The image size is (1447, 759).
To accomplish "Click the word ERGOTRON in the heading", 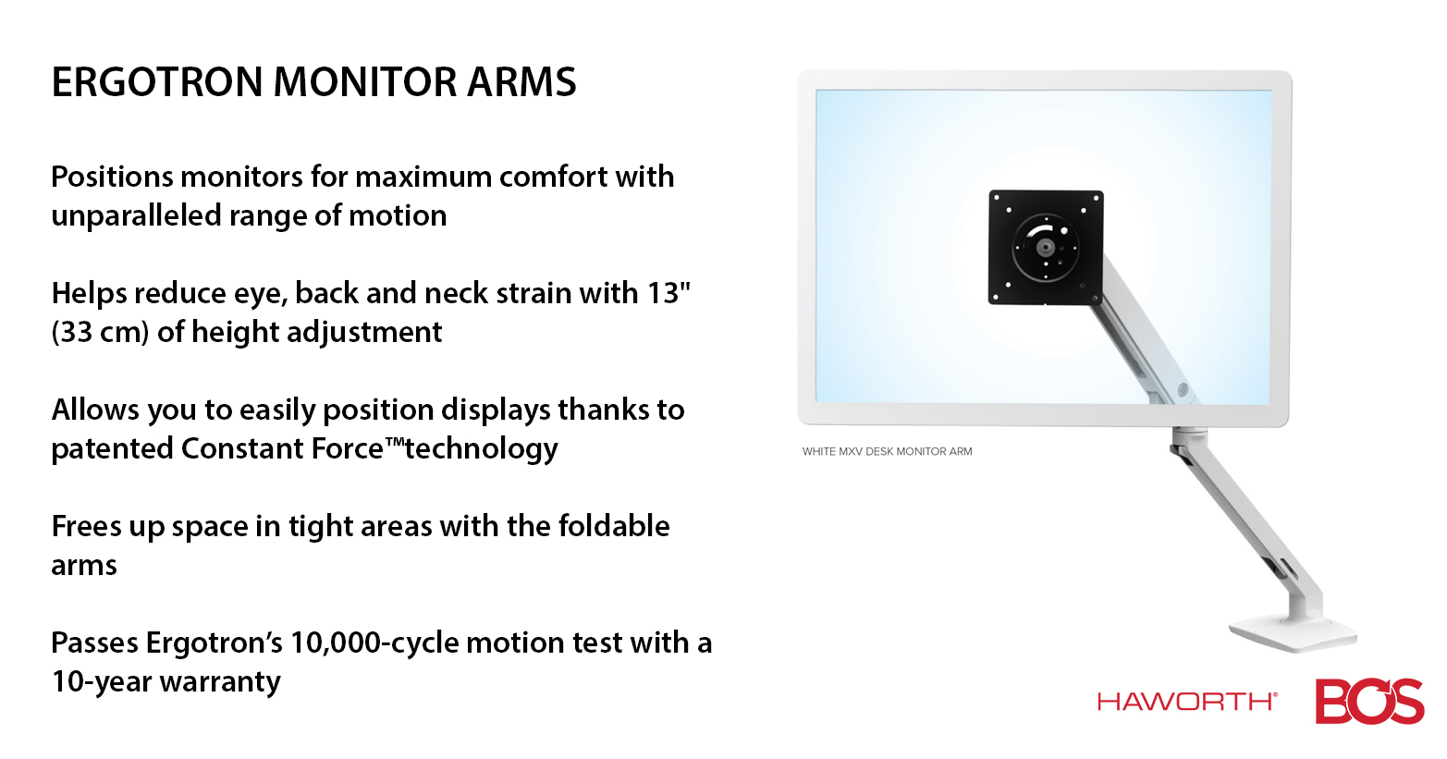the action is [x=157, y=82].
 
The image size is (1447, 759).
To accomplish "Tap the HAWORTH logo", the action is [x=1187, y=701].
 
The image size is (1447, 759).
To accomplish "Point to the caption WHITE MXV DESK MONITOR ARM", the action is [x=887, y=451].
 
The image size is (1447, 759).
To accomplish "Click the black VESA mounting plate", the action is [x=1046, y=248].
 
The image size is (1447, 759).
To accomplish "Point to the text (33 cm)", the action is [x=100, y=333].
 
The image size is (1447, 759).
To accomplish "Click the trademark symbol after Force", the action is [x=395, y=441].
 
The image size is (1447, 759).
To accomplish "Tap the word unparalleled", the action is [x=136, y=215].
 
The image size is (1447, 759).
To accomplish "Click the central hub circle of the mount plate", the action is [x=1045, y=248].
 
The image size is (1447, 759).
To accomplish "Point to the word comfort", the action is [x=553, y=177].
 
